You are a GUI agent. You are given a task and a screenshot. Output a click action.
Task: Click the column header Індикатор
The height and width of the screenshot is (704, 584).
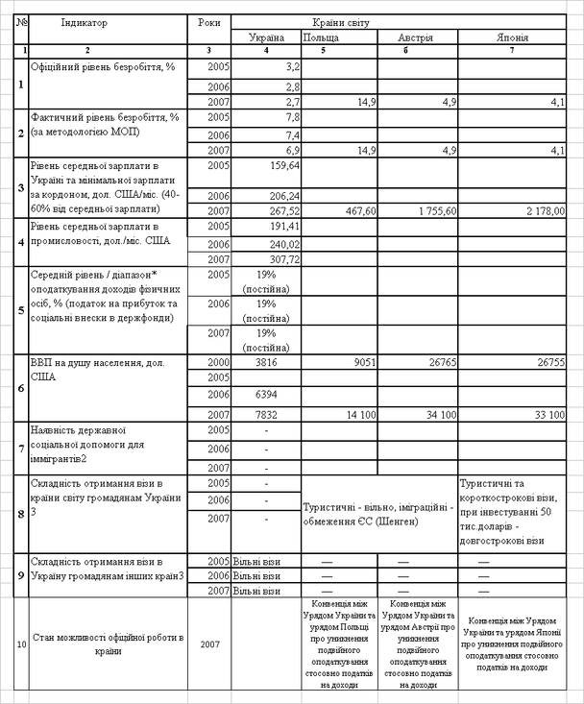point(85,21)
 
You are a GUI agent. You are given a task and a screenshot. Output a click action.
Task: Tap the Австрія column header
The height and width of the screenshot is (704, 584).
point(417,37)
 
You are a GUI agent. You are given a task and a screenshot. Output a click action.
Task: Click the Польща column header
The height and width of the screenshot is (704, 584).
point(321,37)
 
